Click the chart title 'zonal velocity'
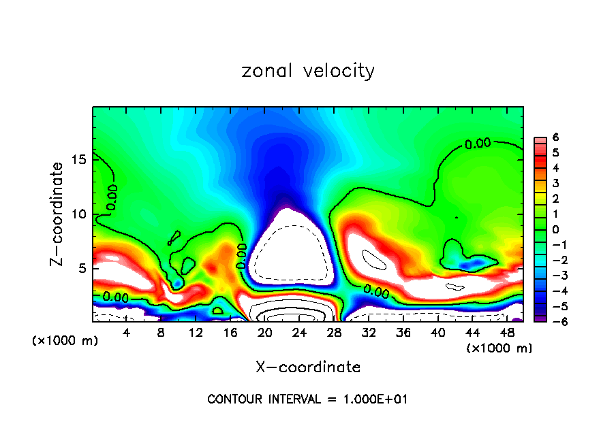308,71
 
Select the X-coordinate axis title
308,367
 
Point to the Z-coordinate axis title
58,214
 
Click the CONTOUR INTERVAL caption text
307,399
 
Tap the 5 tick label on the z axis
82,269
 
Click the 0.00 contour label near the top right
477,144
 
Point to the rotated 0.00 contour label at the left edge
112,197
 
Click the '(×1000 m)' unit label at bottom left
65,341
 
